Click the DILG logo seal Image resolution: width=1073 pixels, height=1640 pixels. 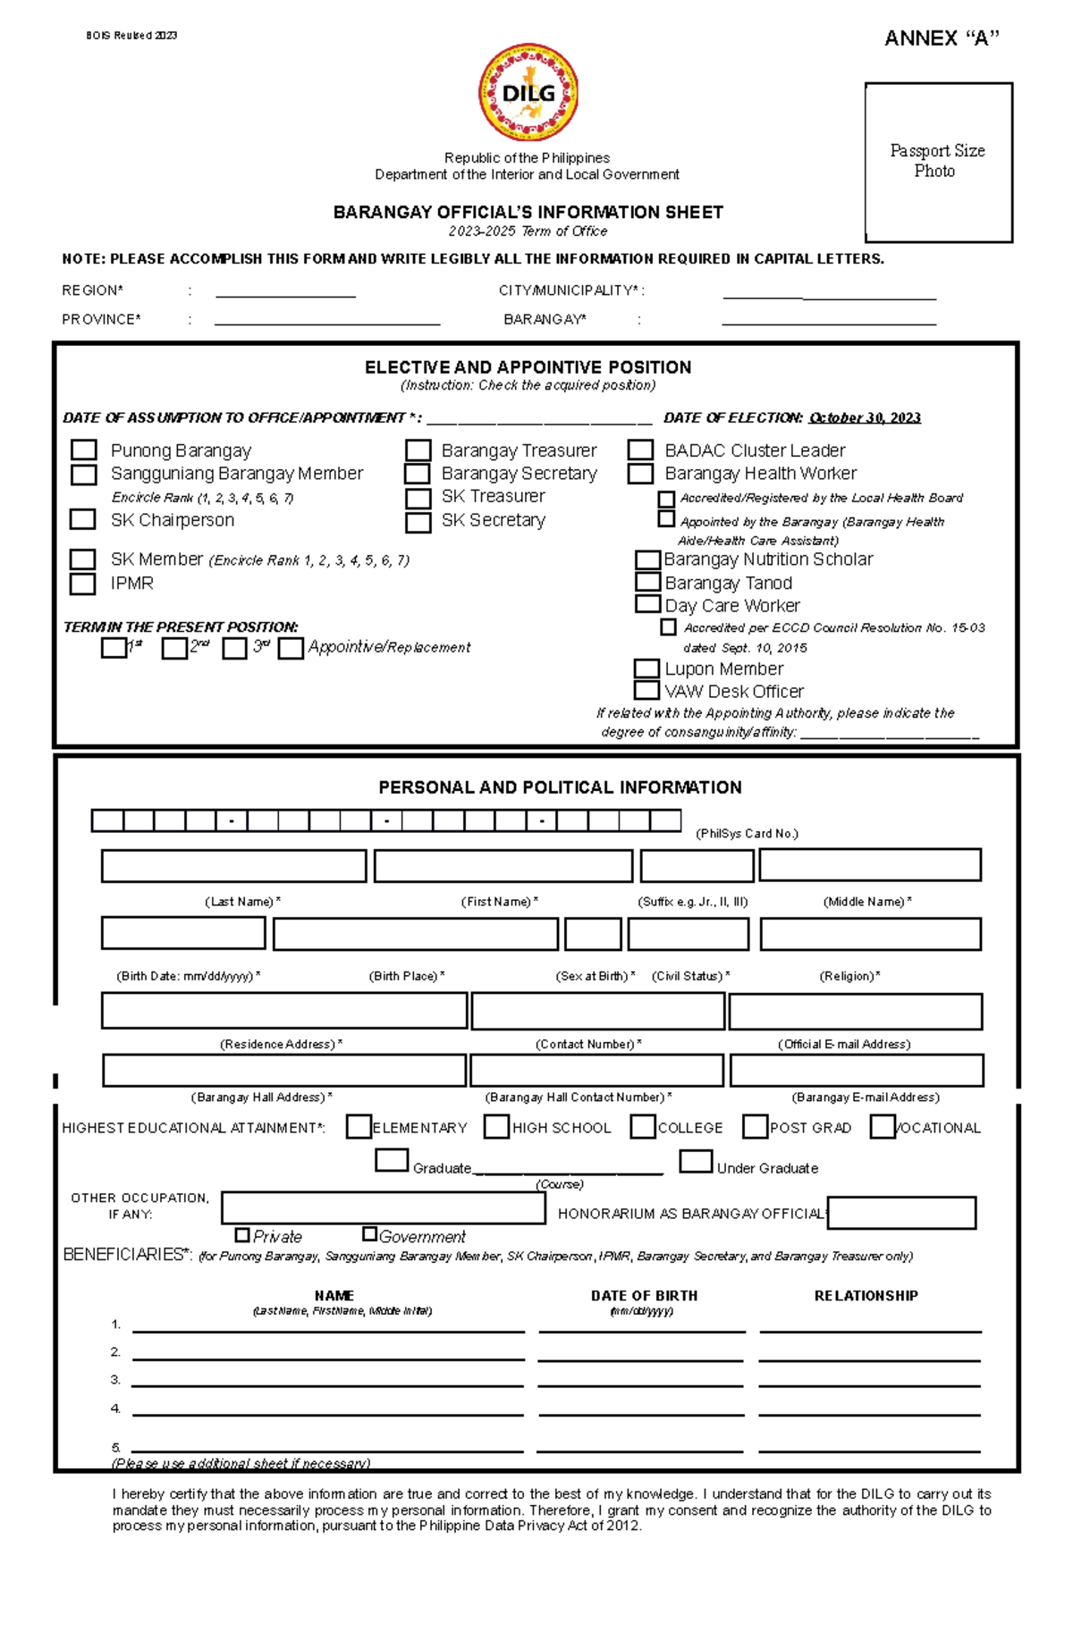click(x=528, y=93)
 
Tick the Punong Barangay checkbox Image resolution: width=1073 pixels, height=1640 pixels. click(x=84, y=450)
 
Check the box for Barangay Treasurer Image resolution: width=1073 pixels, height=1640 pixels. click(x=418, y=450)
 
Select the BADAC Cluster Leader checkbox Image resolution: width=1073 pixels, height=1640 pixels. click(x=640, y=450)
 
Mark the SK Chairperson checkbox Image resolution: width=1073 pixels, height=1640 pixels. click(x=83, y=519)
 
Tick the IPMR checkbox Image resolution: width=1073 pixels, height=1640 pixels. click(x=83, y=584)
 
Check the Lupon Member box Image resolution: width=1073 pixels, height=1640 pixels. click(x=646, y=669)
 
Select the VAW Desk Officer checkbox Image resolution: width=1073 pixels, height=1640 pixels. click(x=646, y=691)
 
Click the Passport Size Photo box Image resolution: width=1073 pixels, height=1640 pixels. click(x=938, y=162)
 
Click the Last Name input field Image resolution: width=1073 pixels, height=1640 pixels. click(x=233, y=866)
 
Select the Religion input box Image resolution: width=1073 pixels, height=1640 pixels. click(x=870, y=934)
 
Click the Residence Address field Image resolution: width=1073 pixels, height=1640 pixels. click(x=283, y=1011)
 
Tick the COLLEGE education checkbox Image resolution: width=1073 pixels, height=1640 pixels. click(x=643, y=1127)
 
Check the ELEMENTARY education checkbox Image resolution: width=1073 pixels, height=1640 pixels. click(x=359, y=1127)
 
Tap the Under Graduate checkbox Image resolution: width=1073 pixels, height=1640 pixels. click(x=696, y=1161)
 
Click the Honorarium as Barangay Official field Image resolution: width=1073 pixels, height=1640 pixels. click(x=901, y=1213)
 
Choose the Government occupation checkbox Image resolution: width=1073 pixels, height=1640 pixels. click(x=369, y=1234)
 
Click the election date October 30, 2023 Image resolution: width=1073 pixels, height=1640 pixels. click(x=864, y=417)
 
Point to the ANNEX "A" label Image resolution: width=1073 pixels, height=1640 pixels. click(x=941, y=38)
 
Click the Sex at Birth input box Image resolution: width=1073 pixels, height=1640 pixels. click(x=593, y=934)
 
